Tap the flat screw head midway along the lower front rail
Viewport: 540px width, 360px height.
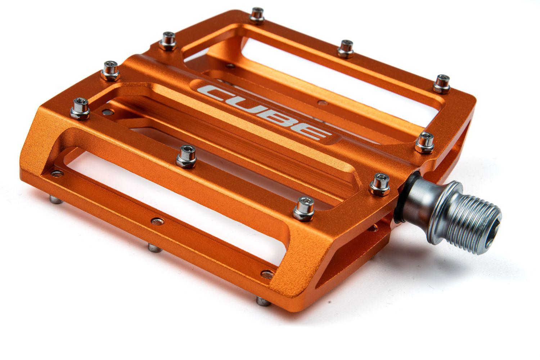(157, 220)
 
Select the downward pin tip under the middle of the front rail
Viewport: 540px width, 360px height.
(154, 248)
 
